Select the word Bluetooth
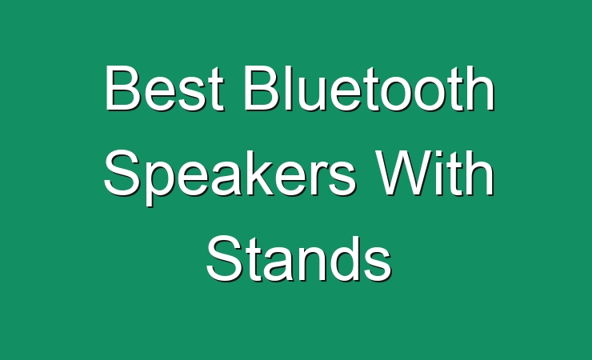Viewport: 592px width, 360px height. (x=370, y=88)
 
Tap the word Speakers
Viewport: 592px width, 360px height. (x=230, y=178)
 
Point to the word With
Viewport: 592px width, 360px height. (x=434, y=173)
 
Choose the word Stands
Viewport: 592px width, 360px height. (x=298, y=258)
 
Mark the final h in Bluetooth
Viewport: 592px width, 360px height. (x=481, y=88)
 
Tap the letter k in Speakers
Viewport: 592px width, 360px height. (x=263, y=173)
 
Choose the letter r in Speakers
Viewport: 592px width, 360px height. (x=319, y=178)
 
